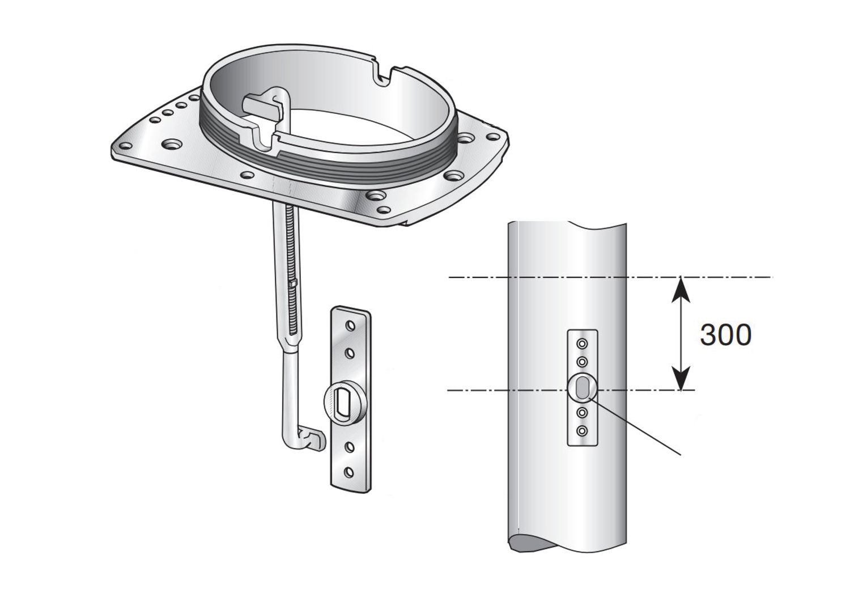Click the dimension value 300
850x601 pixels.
(725, 335)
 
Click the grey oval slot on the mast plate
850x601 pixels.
(582, 390)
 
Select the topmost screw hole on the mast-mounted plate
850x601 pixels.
(581, 344)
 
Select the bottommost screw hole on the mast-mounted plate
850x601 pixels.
(581, 433)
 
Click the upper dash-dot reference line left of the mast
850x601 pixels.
(476, 277)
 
